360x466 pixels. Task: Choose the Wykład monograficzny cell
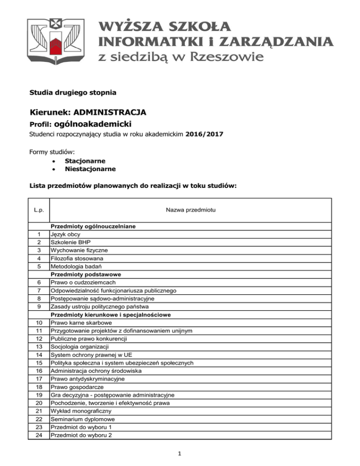(x=78, y=411)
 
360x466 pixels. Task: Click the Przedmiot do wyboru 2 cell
(x=80, y=436)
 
